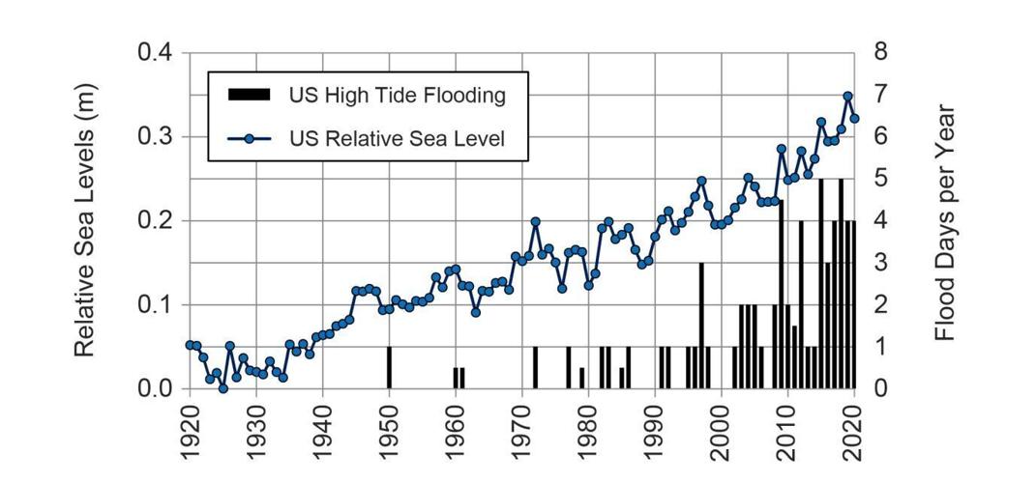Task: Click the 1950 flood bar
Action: (389, 367)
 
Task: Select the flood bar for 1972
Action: (535, 367)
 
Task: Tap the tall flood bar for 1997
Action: (701, 325)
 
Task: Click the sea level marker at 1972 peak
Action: (535, 222)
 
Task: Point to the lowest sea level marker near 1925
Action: (222, 388)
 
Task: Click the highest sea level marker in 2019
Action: (847, 97)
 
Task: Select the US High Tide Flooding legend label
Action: (397, 95)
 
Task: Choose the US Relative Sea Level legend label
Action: (397, 138)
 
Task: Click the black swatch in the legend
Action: (249, 95)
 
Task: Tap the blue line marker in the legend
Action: (249, 138)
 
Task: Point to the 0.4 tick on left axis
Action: (152, 52)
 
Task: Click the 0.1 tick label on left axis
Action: (152, 304)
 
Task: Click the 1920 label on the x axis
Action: (190, 430)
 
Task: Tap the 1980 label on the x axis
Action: (588, 430)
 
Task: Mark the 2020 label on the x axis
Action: (854, 430)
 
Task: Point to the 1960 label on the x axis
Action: (456, 430)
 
